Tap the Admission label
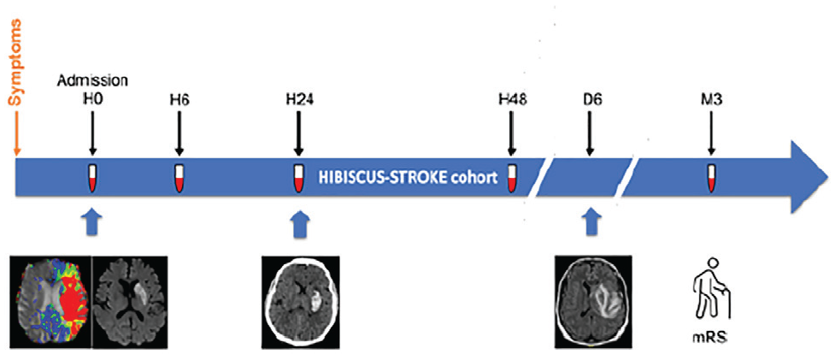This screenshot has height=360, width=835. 92,81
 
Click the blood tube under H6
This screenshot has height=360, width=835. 179,179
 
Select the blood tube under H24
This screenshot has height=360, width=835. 298,179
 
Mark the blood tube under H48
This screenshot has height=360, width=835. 512,179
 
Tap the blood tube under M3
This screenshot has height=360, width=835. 711,179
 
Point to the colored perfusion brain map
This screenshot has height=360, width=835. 51,302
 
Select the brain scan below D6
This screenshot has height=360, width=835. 593,302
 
